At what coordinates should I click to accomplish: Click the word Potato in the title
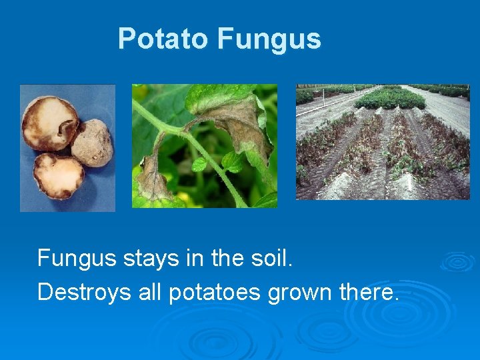click(x=163, y=39)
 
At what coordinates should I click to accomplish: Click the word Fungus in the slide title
click(x=269, y=39)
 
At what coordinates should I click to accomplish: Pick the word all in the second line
click(x=149, y=291)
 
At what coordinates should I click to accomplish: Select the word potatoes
click(x=215, y=291)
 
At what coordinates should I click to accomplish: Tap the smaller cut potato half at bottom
click(x=58, y=176)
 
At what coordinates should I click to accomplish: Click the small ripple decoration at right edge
click(x=459, y=261)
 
